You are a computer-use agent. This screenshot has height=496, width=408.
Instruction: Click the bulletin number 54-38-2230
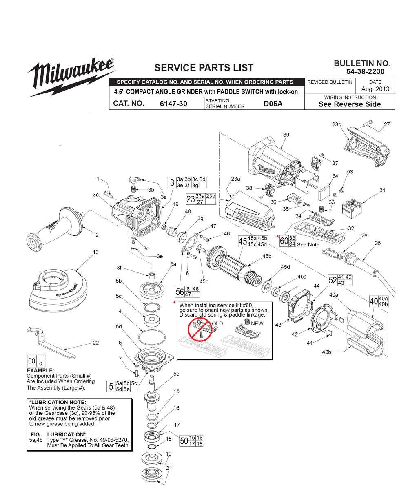point(365,71)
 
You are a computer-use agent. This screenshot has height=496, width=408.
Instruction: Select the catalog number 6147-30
point(173,104)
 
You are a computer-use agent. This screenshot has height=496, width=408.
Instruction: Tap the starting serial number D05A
point(273,104)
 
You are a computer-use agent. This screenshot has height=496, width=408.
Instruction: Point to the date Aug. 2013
point(375,89)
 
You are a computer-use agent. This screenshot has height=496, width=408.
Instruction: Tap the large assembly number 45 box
point(242,241)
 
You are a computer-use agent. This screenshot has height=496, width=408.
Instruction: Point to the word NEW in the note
point(257,323)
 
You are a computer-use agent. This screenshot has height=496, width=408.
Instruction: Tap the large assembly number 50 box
point(184,441)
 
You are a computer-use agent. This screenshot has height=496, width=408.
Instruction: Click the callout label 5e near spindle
point(176,374)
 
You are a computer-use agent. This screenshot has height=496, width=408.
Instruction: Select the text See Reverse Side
point(350,104)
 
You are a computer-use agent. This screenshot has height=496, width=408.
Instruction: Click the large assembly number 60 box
point(284,241)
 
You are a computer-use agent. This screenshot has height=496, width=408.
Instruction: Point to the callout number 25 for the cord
point(377,243)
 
